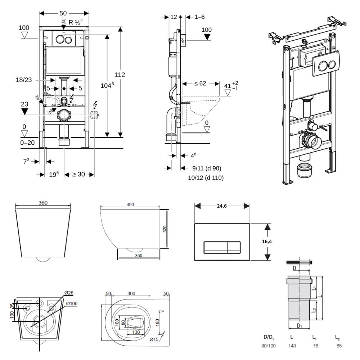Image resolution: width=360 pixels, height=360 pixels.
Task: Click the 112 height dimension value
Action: (120, 75)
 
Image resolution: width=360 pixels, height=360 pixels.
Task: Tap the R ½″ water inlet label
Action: (76, 22)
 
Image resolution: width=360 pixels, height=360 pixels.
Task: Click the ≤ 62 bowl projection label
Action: (200, 84)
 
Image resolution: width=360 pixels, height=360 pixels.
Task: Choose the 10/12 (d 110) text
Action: (206, 177)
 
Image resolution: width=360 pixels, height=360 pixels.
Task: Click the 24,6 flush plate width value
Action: (222, 205)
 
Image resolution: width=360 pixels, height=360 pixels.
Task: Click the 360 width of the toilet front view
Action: (43, 203)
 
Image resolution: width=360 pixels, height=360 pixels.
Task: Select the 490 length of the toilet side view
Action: (130, 205)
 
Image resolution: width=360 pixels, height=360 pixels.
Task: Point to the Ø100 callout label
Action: (72, 303)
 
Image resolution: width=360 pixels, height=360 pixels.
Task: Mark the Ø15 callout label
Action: (154, 339)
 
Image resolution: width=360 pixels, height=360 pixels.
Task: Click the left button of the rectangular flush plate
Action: (215, 247)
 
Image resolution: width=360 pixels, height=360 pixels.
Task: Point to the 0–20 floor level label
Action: (28, 143)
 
